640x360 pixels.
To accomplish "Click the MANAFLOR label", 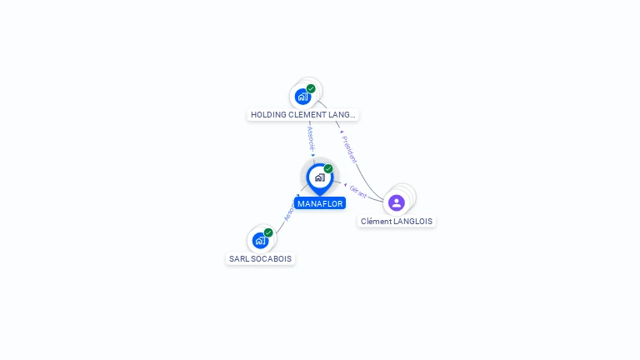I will coord(320,203).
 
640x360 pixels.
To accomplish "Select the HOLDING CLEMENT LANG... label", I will coord(303,115).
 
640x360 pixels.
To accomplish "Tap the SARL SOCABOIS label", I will coord(261,259).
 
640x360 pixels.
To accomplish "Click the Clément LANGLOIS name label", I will coord(397,222).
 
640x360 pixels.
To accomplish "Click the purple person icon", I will coord(397,202).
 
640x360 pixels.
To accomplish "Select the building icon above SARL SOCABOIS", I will coord(260,241).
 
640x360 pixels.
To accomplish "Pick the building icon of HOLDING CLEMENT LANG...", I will coord(302,97).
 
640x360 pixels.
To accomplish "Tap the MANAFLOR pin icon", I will coord(319,177).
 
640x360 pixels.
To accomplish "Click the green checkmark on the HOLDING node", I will coord(311,88).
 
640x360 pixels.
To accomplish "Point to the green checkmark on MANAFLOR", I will coord(328,169).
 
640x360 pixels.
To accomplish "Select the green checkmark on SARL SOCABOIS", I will coord(268,232).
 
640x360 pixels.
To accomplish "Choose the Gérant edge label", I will coord(358,191).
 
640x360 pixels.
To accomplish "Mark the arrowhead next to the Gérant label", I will coord(345,184).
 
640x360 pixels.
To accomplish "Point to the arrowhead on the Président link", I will coord(342,132).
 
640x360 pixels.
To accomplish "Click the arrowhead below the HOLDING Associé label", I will coord(313,155).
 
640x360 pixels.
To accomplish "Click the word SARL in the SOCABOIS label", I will coord(238,259).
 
